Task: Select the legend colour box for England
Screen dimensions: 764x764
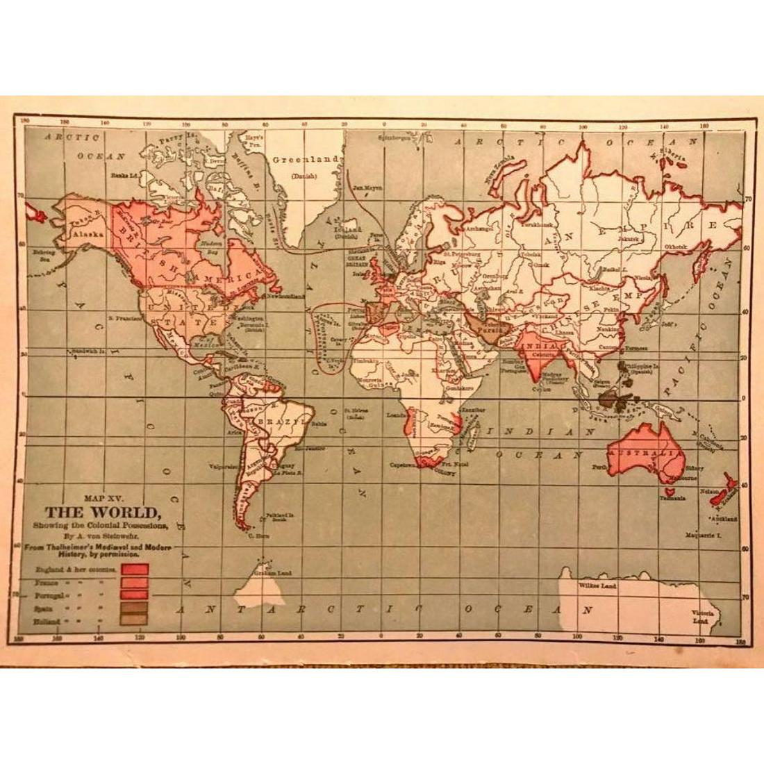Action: tap(134, 570)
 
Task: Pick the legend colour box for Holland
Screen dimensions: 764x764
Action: tap(134, 620)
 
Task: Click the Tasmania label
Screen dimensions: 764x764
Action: tap(674, 498)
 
